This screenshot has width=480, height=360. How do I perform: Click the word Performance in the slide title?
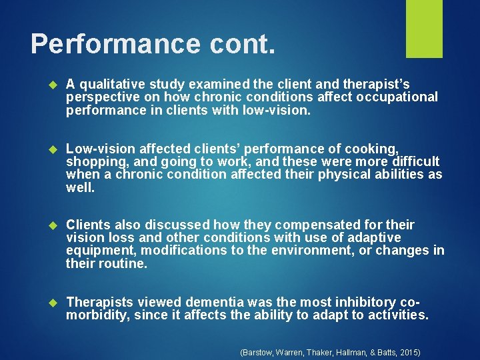(115, 44)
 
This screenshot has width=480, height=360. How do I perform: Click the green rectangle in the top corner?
(424, 28)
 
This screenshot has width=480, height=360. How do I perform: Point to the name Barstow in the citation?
(257, 351)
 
